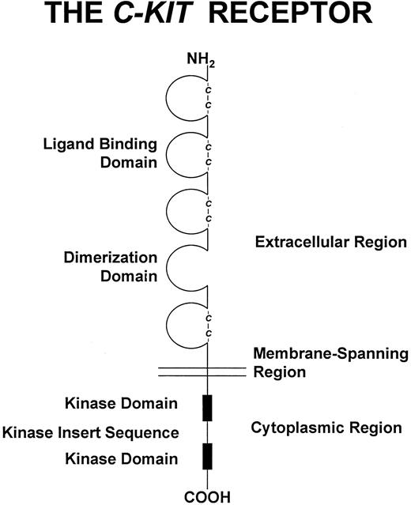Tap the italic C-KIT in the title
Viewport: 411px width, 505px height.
(x=175, y=15)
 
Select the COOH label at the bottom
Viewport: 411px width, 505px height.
(x=207, y=496)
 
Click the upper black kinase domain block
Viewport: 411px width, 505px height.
(x=207, y=405)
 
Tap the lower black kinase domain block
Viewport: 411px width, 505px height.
(x=207, y=457)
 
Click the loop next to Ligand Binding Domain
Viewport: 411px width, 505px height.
(x=184, y=157)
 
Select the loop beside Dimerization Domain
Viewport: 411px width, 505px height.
(x=184, y=271)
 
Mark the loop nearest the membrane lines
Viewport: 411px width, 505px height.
(x=184, y=326)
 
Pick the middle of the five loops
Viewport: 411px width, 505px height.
(x=184, y=214)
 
